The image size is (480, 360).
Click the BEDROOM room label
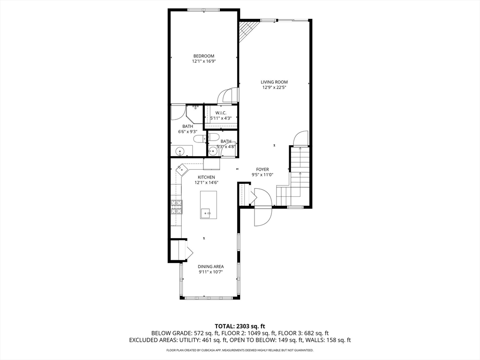coord(203,56)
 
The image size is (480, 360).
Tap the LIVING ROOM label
coord(274,82)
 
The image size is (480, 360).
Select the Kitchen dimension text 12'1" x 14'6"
coord(206,182)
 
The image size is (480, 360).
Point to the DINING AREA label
coord(210,266)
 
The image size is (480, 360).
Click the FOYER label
coord(262,169)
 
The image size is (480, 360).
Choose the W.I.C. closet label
coord(221,113)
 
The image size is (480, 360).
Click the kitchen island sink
coord(206,212)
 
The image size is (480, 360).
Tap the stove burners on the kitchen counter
coord(176,207)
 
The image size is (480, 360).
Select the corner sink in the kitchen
coord(181,169)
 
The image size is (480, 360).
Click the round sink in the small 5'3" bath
coord(212,151)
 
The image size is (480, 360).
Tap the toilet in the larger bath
coord(201,139)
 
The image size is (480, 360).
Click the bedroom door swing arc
coord(227,95)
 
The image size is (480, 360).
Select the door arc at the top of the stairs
coord(300,138)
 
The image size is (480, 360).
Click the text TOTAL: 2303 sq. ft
coord(240,326)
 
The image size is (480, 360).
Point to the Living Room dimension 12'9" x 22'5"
coord(274,87)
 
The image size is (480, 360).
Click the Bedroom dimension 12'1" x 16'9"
coord(204,61)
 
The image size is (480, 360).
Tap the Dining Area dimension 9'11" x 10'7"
coord(210,271)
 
